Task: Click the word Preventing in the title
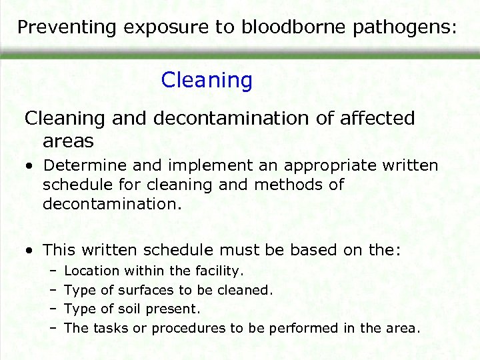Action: coord(58,27)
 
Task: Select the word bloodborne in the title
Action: coord(292,27)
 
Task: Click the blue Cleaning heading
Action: coord(207,81)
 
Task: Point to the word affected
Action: coord(378,119)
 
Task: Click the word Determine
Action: coord(83,165)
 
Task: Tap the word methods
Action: coord(310,184)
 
